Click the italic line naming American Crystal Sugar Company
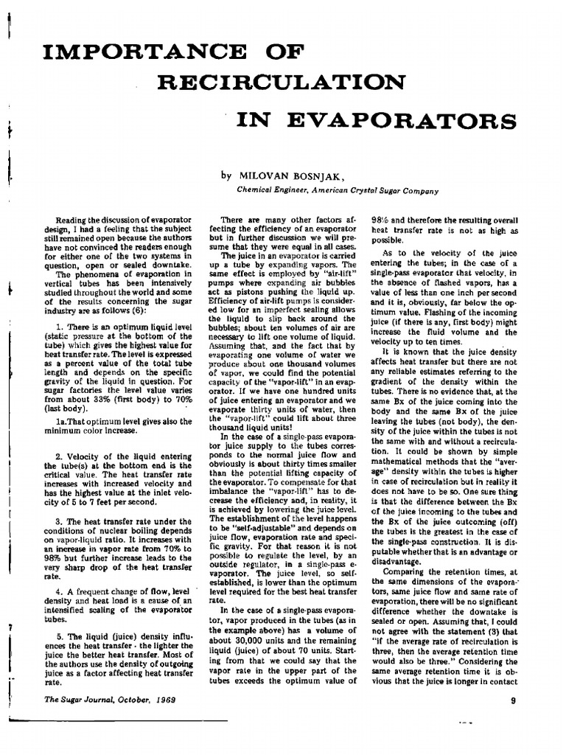pyautogui.click(x=337, y=189)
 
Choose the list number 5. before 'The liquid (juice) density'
pyautogui.click(x=60, y=636)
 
